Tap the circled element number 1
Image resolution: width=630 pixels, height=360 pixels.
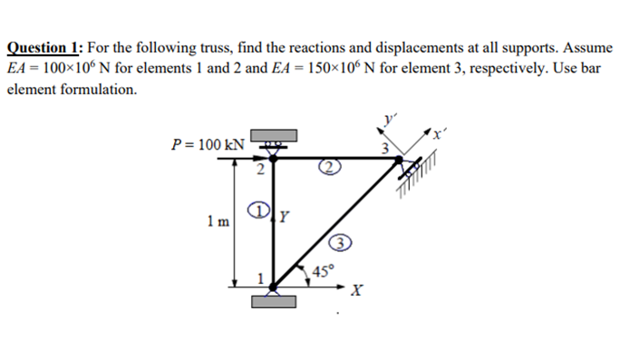tap(261, 210)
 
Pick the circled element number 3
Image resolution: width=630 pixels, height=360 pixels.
tap(338, 243)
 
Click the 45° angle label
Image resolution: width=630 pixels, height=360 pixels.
tap(323, 270)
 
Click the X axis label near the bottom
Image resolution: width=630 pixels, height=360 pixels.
tap(358, 292)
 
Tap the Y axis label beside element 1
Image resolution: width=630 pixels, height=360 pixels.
tap(285, 216)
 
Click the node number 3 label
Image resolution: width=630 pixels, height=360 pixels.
tap(384, 147)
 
